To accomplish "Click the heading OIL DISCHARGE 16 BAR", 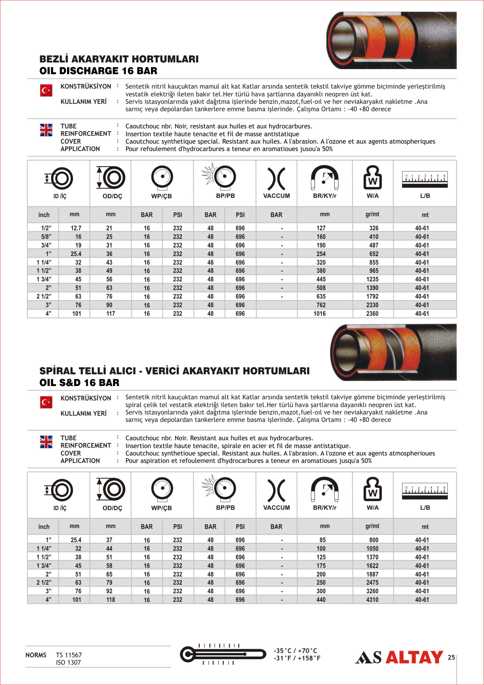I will [98, 71].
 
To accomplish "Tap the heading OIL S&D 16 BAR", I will [79, 383].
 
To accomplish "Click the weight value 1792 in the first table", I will [372, 296].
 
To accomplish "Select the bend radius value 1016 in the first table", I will [319, 313].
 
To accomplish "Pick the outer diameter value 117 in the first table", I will [110, 313].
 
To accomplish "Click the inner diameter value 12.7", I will [76, 228].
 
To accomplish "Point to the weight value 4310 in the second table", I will [372, 600].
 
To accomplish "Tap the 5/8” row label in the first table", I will [46, 237].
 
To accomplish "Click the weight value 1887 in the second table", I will [372, 574].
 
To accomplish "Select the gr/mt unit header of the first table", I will [372, 214].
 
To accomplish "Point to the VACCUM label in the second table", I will [277, 507].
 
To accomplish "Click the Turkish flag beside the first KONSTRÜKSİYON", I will [46, 91].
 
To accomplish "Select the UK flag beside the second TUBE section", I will [46, 442].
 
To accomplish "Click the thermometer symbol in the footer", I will [223, 654].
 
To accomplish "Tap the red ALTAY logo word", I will [414, 657].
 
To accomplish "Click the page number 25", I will [451, 657].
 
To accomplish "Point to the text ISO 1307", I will [68, 662].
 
